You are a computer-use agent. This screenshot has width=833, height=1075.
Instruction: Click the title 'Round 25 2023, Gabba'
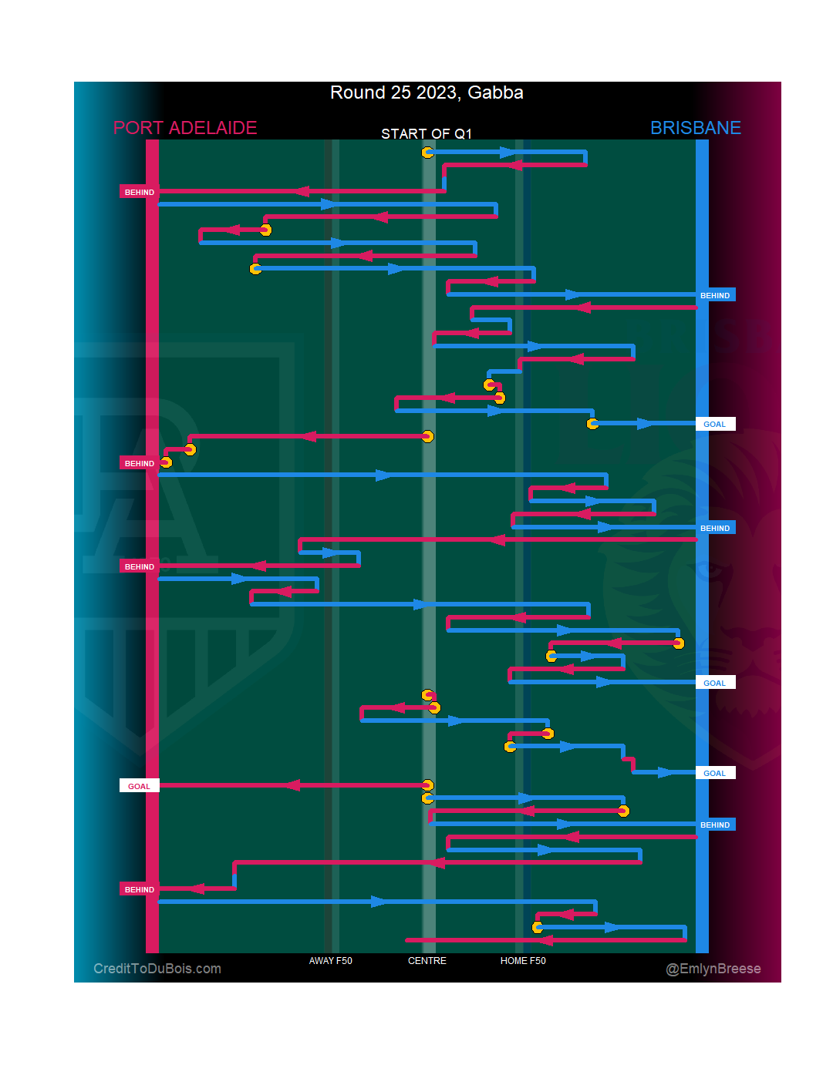click(x=427, y=93)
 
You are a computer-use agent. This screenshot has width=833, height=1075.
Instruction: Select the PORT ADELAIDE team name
click(x=185, y=128)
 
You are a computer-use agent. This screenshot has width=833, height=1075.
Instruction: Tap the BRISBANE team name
click(x=695, y=128)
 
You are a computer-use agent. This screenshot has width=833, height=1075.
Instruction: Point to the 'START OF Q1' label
click(x=427, y=134)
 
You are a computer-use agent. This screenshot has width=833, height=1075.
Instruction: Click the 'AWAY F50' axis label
click(x=330, y=961)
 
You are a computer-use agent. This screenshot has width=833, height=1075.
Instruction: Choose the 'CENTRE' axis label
click(x=427, y=961)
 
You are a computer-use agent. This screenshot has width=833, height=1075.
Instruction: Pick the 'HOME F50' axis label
click(x=523, y=961)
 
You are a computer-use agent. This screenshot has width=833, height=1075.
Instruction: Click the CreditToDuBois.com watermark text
click(x=157, y=969)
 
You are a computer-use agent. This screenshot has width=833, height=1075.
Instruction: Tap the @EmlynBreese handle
click(x=713, y=969)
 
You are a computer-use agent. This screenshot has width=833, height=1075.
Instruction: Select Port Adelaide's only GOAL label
click(x=139, y=786)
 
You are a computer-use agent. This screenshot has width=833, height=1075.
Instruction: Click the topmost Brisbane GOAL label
click(x=714, y=424)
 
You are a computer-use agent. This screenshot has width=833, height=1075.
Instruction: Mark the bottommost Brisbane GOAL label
click(x=714, y=773)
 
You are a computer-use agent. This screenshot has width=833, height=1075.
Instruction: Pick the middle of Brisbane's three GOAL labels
click(x=714, y=683)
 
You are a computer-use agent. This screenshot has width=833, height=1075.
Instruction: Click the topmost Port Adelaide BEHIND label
click(x=139, y=192)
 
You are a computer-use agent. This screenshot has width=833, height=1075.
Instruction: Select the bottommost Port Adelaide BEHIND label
click(x=139, y=889)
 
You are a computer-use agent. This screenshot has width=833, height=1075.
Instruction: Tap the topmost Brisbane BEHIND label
click(x=715, y=295)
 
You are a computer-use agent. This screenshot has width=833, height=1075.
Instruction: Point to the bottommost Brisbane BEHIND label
click(x=715, y=825)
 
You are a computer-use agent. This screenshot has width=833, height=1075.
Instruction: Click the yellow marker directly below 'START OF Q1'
click(x=427, y=153)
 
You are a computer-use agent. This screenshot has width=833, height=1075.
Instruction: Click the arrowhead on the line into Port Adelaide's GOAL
click(x=292, y=785)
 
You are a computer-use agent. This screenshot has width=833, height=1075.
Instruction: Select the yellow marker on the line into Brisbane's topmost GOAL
click(x=592, y=424)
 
